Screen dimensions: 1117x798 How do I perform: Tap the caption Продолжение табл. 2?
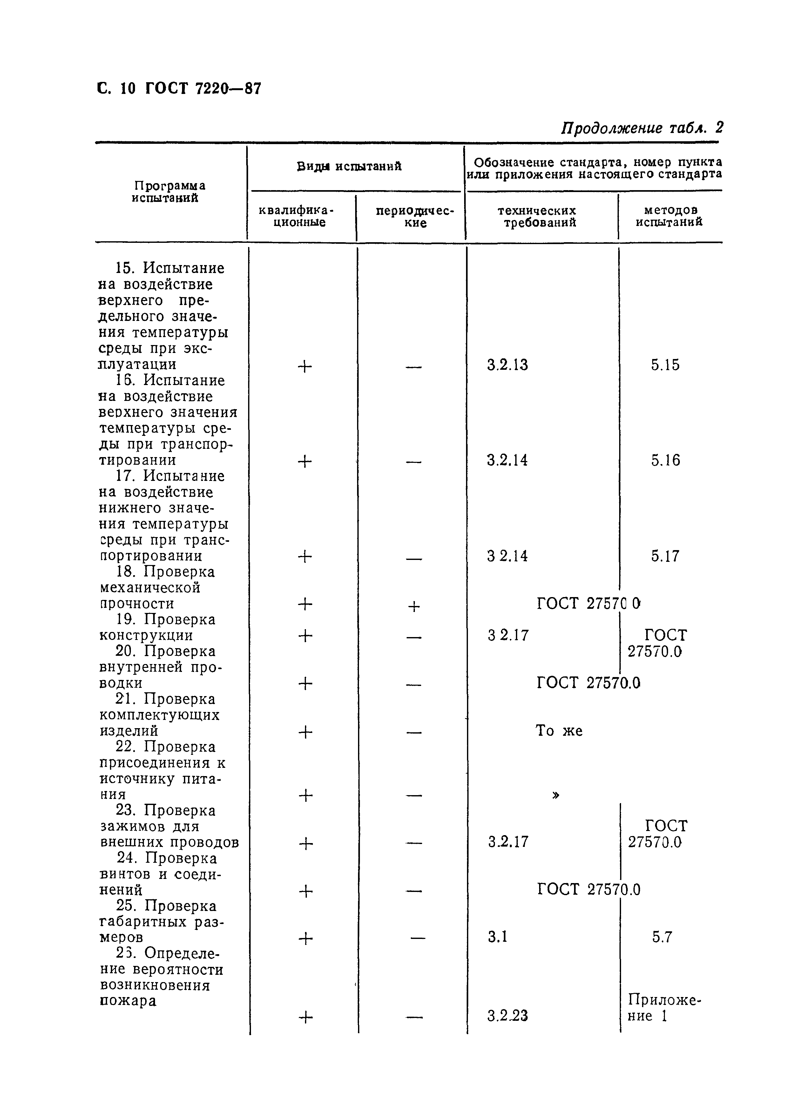pos(642,129)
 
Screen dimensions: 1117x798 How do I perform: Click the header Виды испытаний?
pos(349,166)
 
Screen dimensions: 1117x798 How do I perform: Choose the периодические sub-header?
pos(415,216)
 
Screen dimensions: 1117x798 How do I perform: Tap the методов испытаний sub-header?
pos(670,216)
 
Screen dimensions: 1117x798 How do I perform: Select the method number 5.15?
pos(665,365)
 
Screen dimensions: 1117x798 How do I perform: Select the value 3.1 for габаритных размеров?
pos(497,937)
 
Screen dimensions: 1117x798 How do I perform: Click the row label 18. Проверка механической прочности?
pos(157,588)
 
